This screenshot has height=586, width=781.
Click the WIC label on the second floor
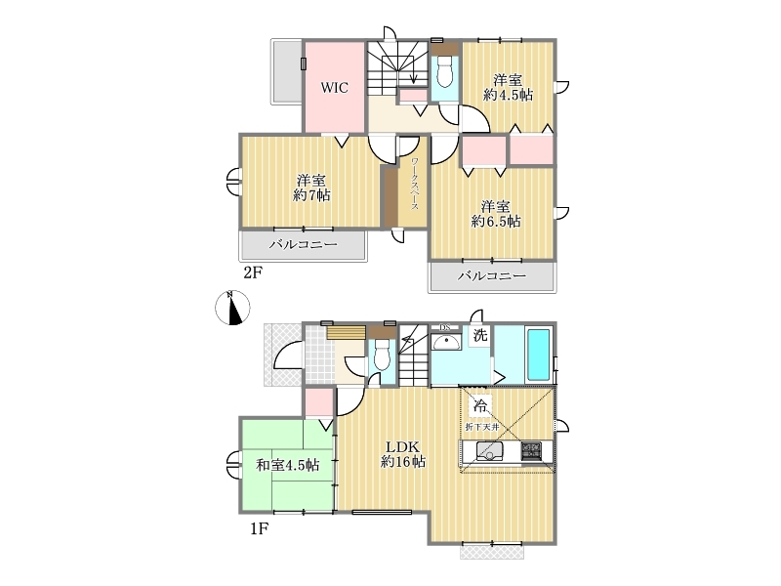click(x=334, y=88)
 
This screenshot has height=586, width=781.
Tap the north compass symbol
click(x=232, y=308)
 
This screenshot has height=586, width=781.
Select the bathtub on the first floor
click(x=538, y=354)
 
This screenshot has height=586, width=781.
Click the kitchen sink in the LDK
click(x=490, y=451)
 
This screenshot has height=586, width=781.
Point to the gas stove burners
click(x=532, y=451)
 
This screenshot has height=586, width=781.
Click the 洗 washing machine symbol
click(x=480, y=335)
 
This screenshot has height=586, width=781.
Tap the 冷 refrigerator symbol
click(x=480, y=404)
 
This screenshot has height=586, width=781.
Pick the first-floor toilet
click(x=382, y=354)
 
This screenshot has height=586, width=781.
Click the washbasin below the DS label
click(x=446, y=342)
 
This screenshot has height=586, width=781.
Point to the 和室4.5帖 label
click(x=288, y=465)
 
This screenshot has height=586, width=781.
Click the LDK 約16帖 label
click(x=403, y=454)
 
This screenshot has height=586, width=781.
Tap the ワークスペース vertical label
click(x=414, y=184)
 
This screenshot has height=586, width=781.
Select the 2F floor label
click(x=252, y=272)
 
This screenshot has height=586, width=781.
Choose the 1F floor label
click(x=259, y=528)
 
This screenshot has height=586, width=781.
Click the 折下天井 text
click(x=482, y=427)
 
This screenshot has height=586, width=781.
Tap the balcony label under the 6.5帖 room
click(x=492, y=275)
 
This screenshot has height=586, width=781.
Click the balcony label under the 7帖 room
click(x=304, y=244)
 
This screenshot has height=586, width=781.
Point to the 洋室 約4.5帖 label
click(x=508, y=87)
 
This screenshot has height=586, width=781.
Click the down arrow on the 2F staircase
click(x=413, y=72)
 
